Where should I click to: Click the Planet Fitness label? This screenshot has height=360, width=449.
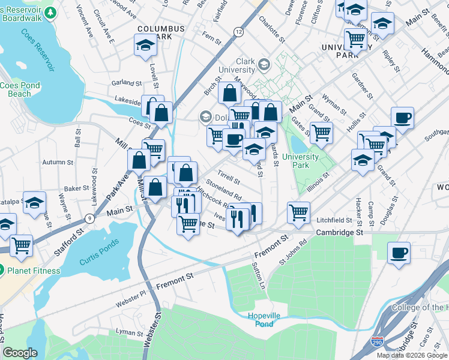(34, 271)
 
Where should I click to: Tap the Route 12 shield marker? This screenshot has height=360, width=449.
(239, 31)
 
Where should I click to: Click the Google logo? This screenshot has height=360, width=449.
(20, 353)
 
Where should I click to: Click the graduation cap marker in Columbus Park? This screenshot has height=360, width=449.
(145, 45)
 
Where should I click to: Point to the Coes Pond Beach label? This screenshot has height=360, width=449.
(20, 89)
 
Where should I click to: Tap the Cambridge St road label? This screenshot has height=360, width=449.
(340, 232)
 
